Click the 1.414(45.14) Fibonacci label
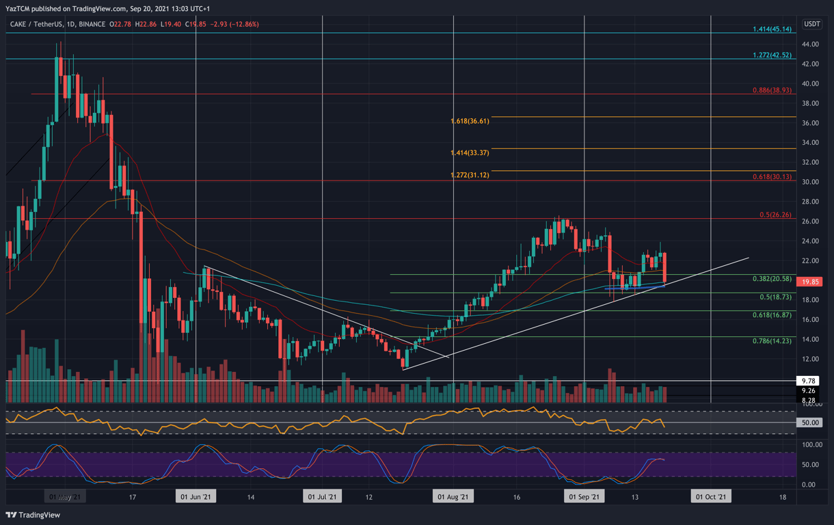(x=772, y=29)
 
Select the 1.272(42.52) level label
(x=772, y=55)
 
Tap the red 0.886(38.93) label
(x=772, y=90)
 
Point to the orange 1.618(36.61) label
(x=470, y=121)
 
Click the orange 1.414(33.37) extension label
(x=470, y=153)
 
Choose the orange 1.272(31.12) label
(x=470, y=175)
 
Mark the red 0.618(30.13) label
(x=772, y=176)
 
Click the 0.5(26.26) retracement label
(x=775, y=215)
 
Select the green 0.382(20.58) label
(x=772, y=279)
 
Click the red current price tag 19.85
(x=811, y=282)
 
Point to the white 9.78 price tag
(x=809, y=381)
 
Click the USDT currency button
(x=811, y=24)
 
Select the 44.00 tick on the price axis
(x=810, y=44)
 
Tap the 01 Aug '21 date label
(x=452, y=497)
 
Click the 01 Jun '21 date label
(x=196, y=497)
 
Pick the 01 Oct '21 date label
(x=710, y=497)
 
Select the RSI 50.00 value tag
(x=811, y=423)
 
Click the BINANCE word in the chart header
(x=92, y=25)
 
